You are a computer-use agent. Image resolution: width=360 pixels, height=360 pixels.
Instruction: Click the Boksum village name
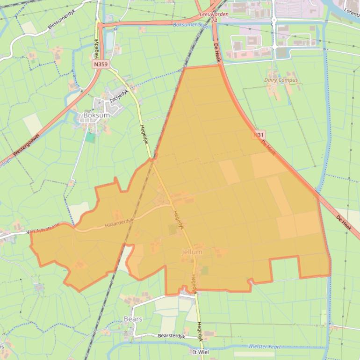tap(96, 115)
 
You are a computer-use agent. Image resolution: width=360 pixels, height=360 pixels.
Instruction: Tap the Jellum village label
tap(192, 252)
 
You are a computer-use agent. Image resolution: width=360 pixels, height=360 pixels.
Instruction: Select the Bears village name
tap(133, 319)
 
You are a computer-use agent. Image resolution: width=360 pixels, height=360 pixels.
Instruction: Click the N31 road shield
tap(259, 134)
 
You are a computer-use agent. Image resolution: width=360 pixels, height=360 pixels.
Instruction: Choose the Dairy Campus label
tap(281, 80)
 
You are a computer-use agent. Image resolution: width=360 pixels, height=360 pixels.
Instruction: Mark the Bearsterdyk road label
tap(172, 336)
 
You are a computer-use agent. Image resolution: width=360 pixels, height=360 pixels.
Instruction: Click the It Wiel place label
tap(201, 351)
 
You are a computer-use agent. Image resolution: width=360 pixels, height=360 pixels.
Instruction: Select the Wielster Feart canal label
tap(264, 346)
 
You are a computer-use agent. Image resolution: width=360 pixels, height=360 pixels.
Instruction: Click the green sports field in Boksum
tap(90, 137)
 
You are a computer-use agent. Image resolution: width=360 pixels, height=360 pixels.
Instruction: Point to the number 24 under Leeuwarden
tap(214, 21)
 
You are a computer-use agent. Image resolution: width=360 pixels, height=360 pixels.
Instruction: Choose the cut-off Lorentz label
tap(351, 9)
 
